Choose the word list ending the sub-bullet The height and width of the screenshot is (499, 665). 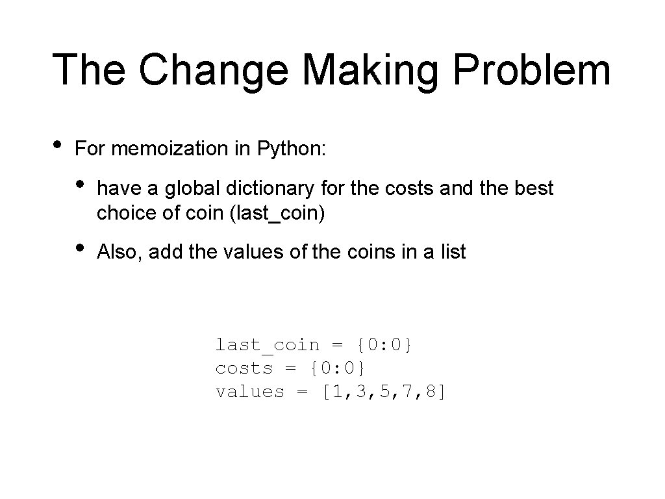(x=455, y=252)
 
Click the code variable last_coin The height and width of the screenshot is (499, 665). (x=268, y=345)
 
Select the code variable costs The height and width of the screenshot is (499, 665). (x=244, y=368)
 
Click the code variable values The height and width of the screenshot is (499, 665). (x=250, y=392)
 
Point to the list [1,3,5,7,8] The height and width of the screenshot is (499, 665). (x=384, y=392)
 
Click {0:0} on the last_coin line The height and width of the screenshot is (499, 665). (x=384, y=345)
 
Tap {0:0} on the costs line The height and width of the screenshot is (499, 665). (x=338, y=368)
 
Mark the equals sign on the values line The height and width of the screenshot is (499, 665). (x=303, y=392)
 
